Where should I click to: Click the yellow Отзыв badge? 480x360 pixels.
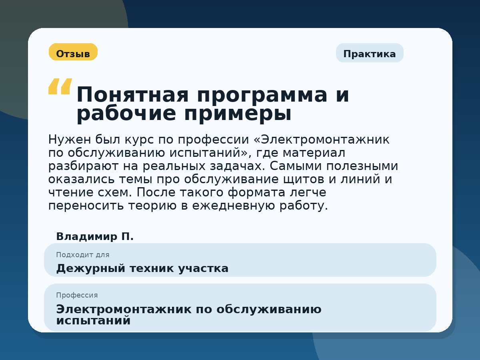[73, 52]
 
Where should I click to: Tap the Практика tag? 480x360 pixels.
[369, 53]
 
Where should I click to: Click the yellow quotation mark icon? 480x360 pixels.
[60, 86]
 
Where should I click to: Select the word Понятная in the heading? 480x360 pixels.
[132, 95]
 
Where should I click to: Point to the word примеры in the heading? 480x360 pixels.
[238, 114]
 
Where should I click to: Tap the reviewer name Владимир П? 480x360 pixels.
[95, 236]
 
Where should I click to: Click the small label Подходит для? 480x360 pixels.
[82, 255]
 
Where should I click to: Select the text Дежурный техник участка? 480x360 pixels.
[142, 268]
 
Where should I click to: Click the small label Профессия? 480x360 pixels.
[77, 295]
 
